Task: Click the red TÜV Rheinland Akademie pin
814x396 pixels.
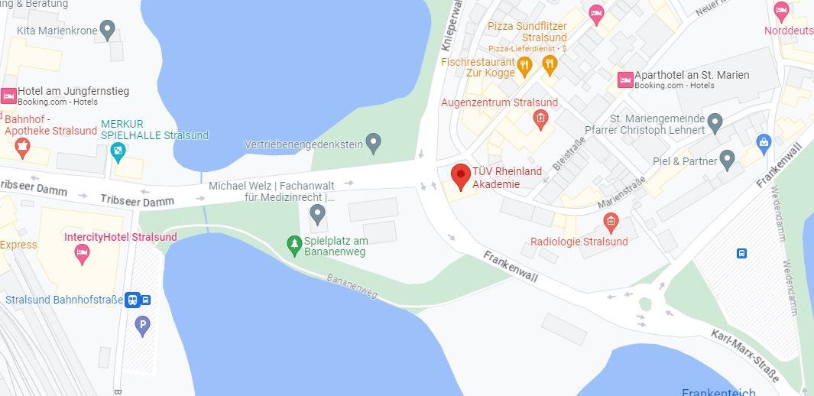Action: (460, 176)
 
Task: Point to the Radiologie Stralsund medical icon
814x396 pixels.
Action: (611, 222)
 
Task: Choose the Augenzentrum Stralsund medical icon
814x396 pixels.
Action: (540, 118)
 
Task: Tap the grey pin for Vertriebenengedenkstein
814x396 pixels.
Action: (373, 142)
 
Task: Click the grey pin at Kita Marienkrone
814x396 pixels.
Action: (108, 30)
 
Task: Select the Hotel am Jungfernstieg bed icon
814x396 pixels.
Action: (8, 96)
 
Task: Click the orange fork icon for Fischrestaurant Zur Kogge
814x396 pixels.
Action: (524, 67)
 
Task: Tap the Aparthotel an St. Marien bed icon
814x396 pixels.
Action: (625, 80)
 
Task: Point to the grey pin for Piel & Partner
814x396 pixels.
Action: (727, 160)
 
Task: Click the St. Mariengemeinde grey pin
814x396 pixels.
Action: (715, 122)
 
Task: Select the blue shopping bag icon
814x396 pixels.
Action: (763, 141)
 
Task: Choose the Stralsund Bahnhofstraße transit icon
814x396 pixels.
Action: (132, 300)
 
